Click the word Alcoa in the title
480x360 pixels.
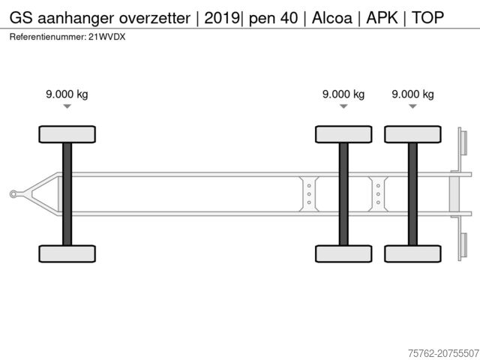331,18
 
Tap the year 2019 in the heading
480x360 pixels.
222,18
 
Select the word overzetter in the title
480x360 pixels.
154,18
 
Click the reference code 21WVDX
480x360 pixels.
106,37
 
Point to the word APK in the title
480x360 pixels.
382,18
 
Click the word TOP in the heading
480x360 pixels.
427,18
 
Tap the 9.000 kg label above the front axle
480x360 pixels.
67,94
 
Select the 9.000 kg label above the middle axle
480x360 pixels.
343,94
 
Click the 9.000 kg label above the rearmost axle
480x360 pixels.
412,94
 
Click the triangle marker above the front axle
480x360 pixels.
67,106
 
